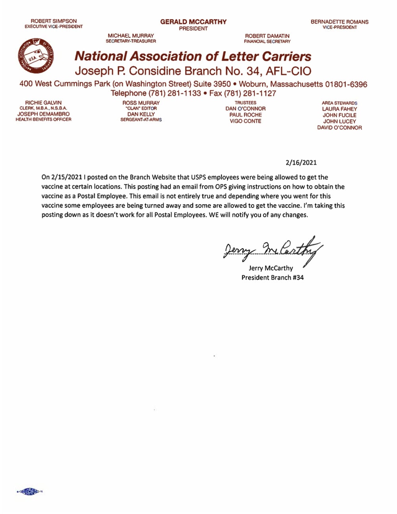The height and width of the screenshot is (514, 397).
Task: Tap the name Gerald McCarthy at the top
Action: tap(193, 22)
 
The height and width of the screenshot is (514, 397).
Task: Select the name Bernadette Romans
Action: tap(339, 22)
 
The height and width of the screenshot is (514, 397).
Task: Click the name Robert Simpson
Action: tap(54, 21)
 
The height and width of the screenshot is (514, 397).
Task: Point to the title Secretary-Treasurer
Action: tap(131, 41)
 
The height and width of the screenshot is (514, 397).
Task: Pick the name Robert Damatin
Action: tap(267, 36)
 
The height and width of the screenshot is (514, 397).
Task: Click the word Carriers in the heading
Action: tap(283, 56)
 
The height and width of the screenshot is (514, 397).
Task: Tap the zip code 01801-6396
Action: tap(346, 84)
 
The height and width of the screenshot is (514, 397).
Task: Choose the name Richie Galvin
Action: tap(43, 102)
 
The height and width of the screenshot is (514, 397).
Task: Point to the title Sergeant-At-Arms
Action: tap(141, 120)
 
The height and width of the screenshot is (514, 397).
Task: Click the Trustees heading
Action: tap(245, 102)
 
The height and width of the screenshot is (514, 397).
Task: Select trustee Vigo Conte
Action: tap(245, 121)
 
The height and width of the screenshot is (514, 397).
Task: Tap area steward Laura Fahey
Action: tap(339, 109)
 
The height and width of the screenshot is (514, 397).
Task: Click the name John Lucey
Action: tap(339, 122)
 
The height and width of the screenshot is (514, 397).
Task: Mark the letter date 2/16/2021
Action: tap(301, 162)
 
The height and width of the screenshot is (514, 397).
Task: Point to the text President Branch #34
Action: tap(272, 278)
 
